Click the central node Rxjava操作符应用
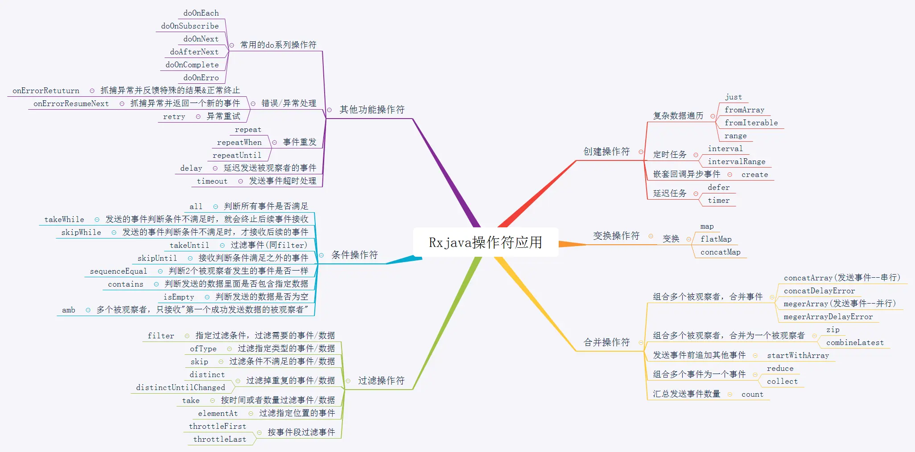[485, 242]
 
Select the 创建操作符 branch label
[606, 152]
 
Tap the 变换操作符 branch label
[616, 236]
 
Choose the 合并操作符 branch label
[606, 342]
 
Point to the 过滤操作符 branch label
[381, 381]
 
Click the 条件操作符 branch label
[354, 255]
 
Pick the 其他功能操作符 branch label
[372, 110]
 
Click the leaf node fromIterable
[751, 123]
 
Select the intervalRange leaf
[736, 161]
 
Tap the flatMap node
[716, 239]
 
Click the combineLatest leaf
[855, 342]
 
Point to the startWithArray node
[798, 355]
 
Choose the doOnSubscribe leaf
[190, 26]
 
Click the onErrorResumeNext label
[71, 103]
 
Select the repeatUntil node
[237, 155]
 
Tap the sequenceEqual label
[118, 271]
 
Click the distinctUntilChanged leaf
[181, 387]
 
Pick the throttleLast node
[219, 439]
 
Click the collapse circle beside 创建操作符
[641, 152]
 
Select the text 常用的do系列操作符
[278, 45]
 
